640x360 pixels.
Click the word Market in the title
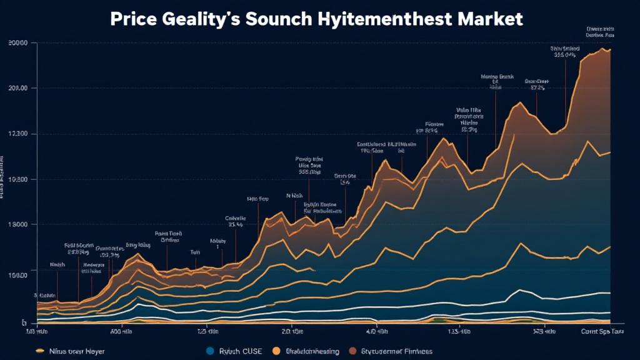click(491, 19)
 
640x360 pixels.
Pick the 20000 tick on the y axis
click(18, 42)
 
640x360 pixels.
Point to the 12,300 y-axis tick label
click(18, 134)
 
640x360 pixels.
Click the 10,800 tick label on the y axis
click(18, 179)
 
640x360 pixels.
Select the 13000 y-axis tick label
click(18, 224)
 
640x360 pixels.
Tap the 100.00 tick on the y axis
click(18, 275)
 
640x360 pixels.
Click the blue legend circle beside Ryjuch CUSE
click(209, 351)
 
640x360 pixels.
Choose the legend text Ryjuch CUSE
click(240, 351)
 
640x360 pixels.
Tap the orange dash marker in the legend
click(41, 351)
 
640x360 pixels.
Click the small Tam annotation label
click(195, 252)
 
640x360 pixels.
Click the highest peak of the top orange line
click(602, 49)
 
